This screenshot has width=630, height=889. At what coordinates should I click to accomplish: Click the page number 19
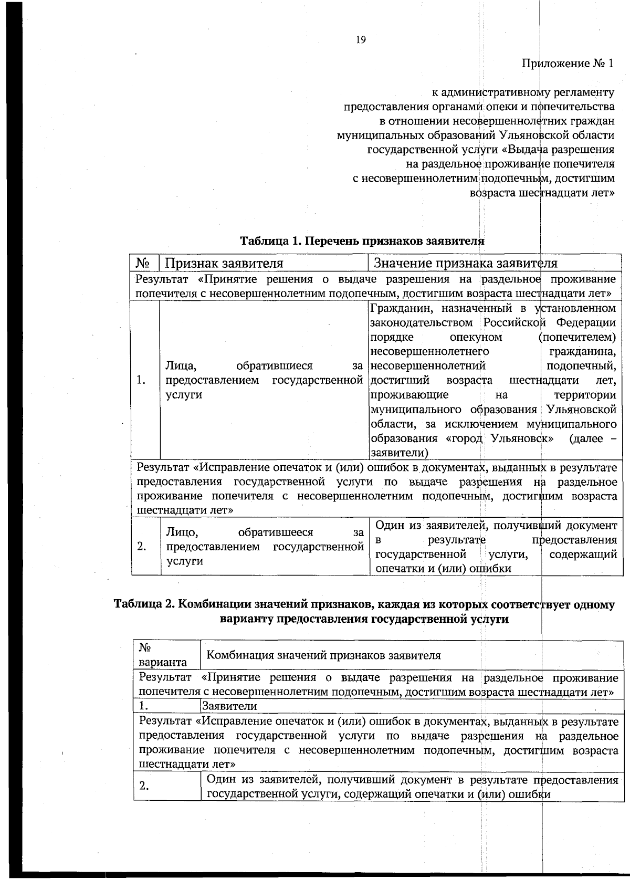point(361,40)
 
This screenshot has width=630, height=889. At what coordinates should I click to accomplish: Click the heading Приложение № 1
point(568,64)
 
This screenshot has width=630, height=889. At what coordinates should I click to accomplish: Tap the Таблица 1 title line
point(362,241)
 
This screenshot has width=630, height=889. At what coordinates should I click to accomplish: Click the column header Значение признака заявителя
point(465,263)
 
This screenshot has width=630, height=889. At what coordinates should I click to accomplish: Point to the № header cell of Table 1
point(144,263)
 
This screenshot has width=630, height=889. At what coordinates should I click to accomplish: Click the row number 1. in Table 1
point(141,380)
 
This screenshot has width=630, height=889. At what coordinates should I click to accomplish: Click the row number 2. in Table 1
point(141,546)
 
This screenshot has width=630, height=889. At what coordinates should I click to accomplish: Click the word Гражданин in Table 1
point(402,308)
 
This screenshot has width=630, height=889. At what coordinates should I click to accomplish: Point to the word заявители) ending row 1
point(399,453)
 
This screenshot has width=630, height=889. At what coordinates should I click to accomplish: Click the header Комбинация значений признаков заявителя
point(323,655)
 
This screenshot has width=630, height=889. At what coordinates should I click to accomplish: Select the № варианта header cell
point(163,655)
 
